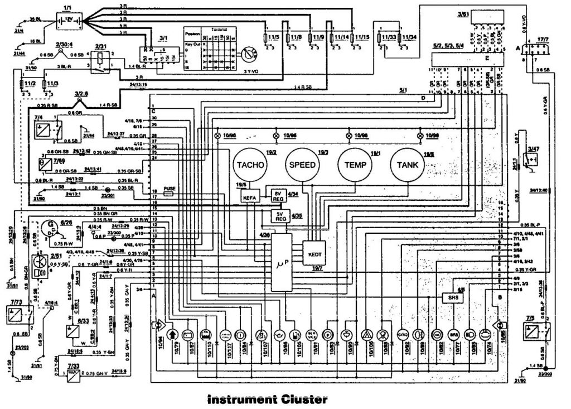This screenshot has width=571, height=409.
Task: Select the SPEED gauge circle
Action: [x=303, y=165]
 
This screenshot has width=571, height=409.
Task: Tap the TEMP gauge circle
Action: [x=356, y=165]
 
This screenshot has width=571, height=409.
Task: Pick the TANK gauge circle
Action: [x=408, y=165]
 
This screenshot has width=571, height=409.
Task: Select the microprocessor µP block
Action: [x=282, y=262]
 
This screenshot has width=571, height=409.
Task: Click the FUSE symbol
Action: [x=169, y=189]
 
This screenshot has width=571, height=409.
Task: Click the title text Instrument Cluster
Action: [x=267, y=400]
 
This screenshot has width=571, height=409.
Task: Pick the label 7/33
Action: [x=73, y=365]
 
